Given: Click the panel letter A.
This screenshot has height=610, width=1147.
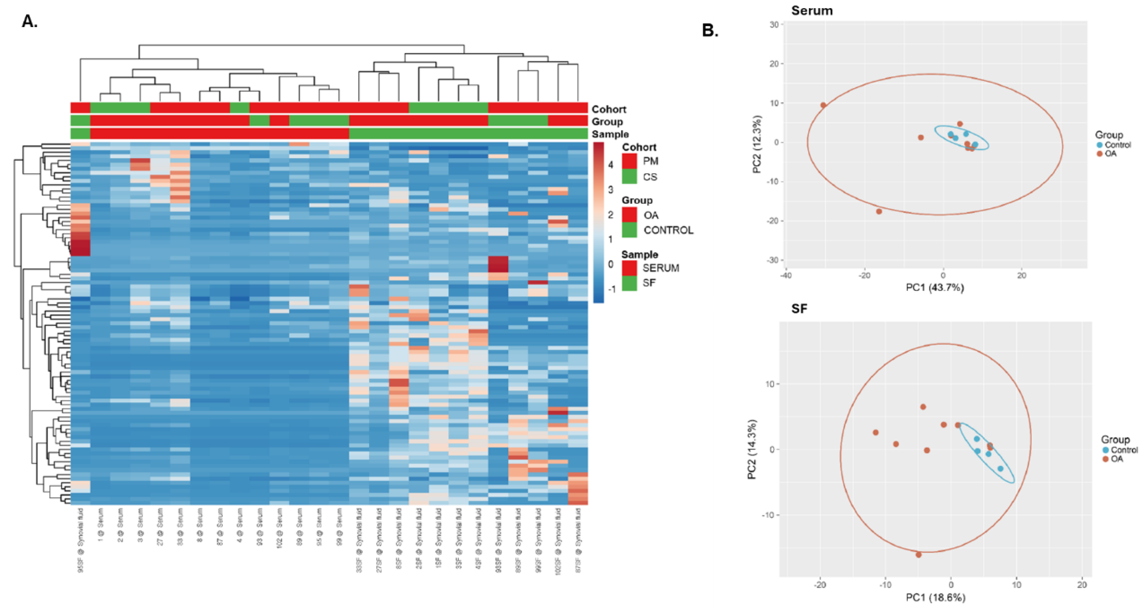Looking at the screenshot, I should (x=29, y=21).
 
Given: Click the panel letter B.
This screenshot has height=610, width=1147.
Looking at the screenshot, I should (x=710, y=30).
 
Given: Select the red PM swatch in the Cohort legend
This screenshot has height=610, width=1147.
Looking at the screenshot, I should (x=629, y=161).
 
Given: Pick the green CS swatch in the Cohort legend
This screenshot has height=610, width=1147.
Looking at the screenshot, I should (x=629, y=177).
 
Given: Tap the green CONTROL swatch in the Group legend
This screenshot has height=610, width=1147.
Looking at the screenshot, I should (x=629, y=230).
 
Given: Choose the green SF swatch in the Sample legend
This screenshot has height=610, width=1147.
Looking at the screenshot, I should (x=629, y=283).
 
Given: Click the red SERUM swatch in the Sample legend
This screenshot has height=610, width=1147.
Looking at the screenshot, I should (x=629, y=268).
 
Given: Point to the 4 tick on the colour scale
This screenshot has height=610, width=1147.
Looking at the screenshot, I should (x=610, y=165).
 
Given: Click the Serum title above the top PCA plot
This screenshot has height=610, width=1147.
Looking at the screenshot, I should (x=812, y=11).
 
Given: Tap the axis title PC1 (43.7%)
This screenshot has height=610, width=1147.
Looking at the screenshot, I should (x=935, y=288).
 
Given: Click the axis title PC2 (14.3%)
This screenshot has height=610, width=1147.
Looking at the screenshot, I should (x=752, y=449).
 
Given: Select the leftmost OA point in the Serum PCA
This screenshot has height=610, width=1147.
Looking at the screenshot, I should (x=823, y=106).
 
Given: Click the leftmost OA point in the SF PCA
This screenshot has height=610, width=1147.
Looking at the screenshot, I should (x=875, y=433).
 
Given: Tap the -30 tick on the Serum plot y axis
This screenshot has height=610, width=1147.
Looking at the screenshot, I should (x=774, y=260).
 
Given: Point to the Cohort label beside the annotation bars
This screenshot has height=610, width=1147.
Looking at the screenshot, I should (x=609, y=109).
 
